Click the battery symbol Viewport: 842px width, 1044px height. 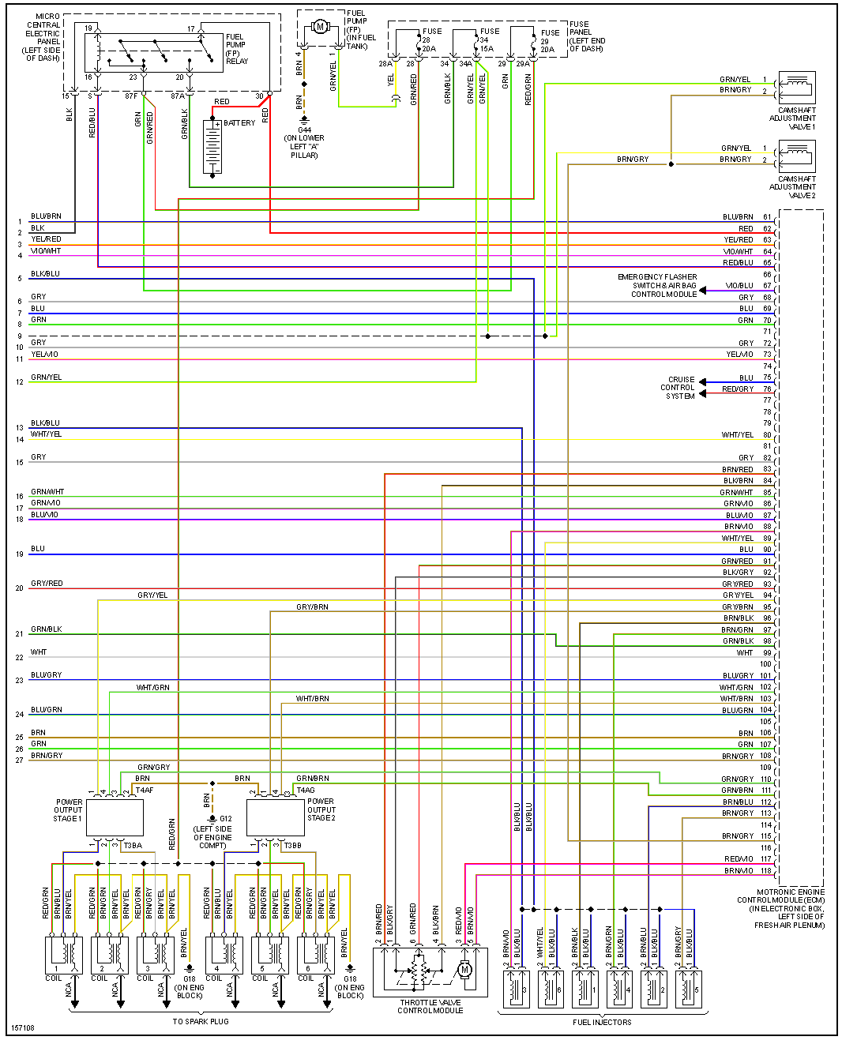coord(212,147)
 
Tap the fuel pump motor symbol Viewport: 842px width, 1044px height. coord(320,27)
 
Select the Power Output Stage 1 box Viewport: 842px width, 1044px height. coord(115,817)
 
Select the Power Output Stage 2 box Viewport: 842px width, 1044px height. coord(276,817)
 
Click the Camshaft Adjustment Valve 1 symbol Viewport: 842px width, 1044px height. coord(796,86)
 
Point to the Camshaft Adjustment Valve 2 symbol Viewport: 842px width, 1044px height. coord(796,155)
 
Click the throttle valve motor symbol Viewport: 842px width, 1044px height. coord(464,969)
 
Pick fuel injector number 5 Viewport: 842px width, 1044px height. coord(686,987)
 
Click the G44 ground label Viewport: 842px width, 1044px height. coord(305,130)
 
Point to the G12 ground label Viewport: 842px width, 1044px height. coord(226,819)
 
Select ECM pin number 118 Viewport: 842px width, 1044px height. coord(766,871)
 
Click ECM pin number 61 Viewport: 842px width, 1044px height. coord(767,217)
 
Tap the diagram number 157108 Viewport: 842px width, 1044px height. coord(22,1028)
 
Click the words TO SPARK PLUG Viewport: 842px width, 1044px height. coord(201,1022)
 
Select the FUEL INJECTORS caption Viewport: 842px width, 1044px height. coord(602,1023)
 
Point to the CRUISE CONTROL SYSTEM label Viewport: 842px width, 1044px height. coord(680,388)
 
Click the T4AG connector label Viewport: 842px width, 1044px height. coord(306,790)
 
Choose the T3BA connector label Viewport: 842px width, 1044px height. coord(133,846)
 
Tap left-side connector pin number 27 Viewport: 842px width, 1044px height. coord(20,760)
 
